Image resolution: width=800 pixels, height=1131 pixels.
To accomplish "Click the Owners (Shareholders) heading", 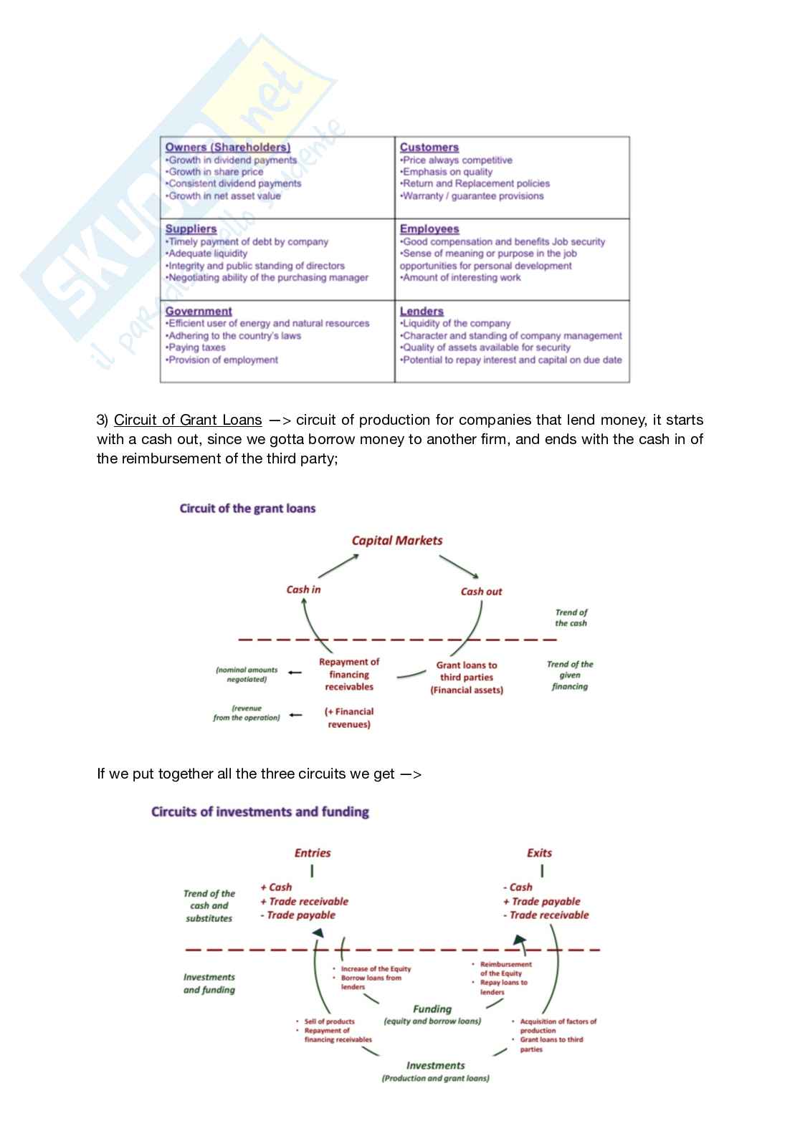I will pos(227,147).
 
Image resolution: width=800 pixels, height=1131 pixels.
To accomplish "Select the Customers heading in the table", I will pos(429,147).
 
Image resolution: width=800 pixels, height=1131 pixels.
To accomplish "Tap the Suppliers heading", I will pos(191,228).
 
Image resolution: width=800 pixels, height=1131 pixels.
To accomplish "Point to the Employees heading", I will pos(429,228).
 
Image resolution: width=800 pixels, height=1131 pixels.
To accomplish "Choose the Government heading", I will pos(199,311).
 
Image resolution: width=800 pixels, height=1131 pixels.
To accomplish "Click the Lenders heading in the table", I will pos(422,311).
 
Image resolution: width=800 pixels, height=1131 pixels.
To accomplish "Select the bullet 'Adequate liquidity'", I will pos(207,254).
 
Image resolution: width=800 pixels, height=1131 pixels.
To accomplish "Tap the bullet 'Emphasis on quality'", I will pos(447,172).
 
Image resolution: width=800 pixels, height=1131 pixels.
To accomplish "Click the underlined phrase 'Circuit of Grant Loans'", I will pos(188,420).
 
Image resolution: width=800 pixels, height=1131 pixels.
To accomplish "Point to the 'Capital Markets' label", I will pos(396,541).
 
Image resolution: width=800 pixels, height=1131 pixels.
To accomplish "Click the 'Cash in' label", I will pos(303,589).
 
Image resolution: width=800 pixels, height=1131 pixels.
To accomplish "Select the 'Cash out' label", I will pos(481,592).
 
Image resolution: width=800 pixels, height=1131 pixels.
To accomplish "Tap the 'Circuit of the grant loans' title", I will pos(247,509).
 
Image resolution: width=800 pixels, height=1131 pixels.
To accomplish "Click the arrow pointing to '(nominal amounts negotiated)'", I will pos(294,672).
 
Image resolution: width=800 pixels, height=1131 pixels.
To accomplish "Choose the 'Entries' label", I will pos(313,853).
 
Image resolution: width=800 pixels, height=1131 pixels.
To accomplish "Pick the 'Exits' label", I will pos(539,853).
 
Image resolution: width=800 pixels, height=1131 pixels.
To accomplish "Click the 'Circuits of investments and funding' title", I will pos(260,812).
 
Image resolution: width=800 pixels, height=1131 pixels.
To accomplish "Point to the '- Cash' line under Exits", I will pos(518,887).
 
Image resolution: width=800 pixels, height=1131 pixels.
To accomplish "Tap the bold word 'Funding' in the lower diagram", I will pos(432,1009).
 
